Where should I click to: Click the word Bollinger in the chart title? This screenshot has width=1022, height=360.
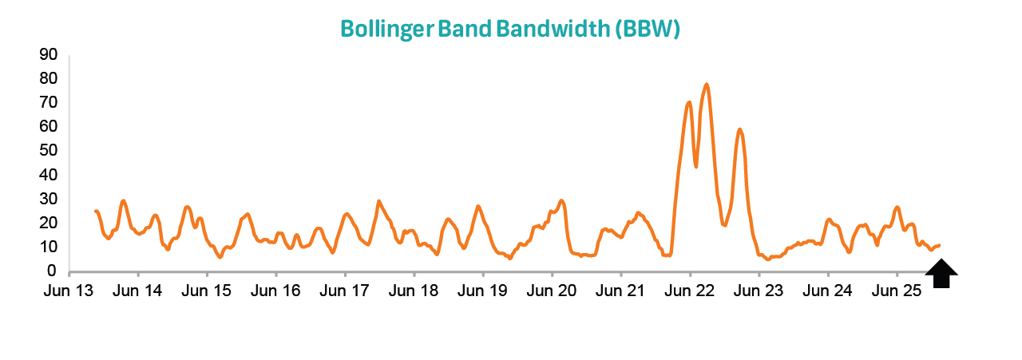pyautogui.click(x=390, y=29)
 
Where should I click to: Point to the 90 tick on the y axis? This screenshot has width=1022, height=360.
pyautogui.click(x=48, y=54)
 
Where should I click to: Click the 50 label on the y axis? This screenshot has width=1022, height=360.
pyautogui.click(x=48, y=151)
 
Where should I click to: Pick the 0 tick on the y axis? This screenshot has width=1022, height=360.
pyautogui.click(x=52, y=272)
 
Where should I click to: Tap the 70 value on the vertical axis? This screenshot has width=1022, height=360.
pyautogui.click(x=48, y=103)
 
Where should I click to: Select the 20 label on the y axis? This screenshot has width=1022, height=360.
pyautogui.click(x=48, y=224)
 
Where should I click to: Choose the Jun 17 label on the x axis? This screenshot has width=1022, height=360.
pyautogui.click(x=345, y=291)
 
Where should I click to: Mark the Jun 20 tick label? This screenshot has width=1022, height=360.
pyautogui.click(x=552, y=291)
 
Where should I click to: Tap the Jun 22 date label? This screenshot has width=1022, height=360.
pyautogui.click(x=690, y=291)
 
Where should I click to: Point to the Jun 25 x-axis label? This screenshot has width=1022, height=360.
pyautogui.click(x=897, y=291)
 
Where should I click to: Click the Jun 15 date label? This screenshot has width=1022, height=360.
pyautogui.click(x=207, y=291)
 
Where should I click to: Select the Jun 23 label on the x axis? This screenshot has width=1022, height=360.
pyautogui.click(x=759, y=291)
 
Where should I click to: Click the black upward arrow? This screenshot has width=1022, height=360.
pyautogui.click(x=941, y=274)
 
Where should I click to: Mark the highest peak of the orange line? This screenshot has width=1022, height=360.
pyautogui.click(x=707, y=85)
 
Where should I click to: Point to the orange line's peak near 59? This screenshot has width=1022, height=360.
pyautogui.click(x=740, y=129)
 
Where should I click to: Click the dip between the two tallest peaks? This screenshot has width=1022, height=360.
pyautogui.click(x=696, y=166)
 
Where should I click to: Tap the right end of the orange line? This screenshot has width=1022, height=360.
pyautogui.click(x=939, y=245)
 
